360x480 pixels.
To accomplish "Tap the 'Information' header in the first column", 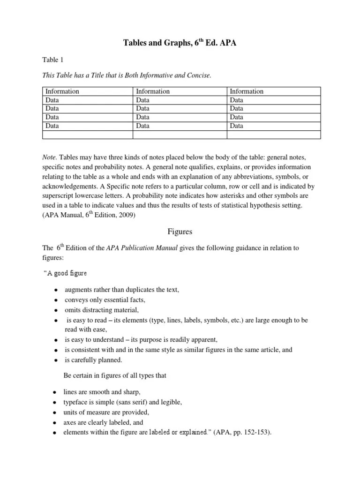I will coord(62,91).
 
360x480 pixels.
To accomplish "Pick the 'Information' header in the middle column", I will coord(153,91).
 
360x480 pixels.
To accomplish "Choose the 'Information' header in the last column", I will coord(247,91).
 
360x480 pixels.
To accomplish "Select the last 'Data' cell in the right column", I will coord(237,126).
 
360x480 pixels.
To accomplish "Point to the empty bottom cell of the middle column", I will coord(180,135).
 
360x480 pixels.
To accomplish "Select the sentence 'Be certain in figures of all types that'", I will coord(115,375).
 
